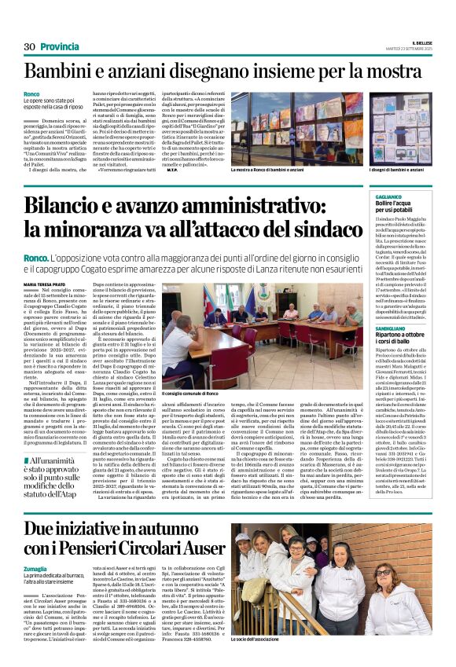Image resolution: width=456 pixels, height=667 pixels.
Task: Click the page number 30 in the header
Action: pos(30,47)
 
